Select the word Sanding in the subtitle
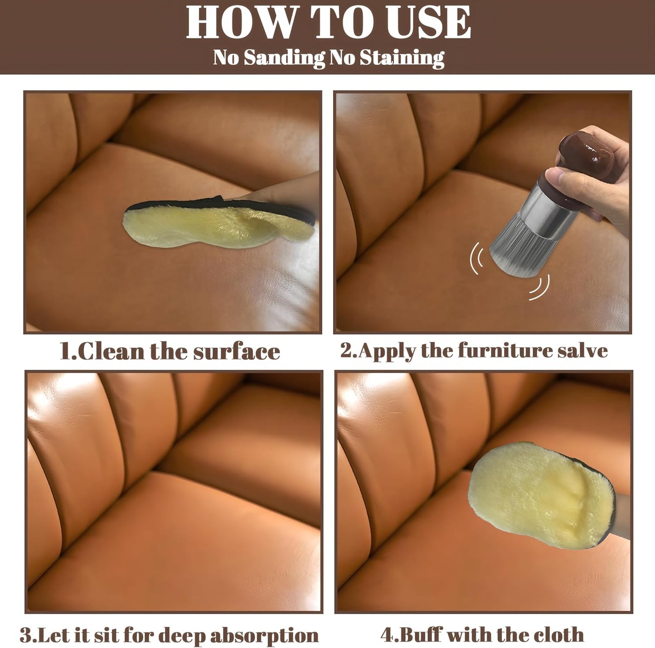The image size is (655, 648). coord(284,58)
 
